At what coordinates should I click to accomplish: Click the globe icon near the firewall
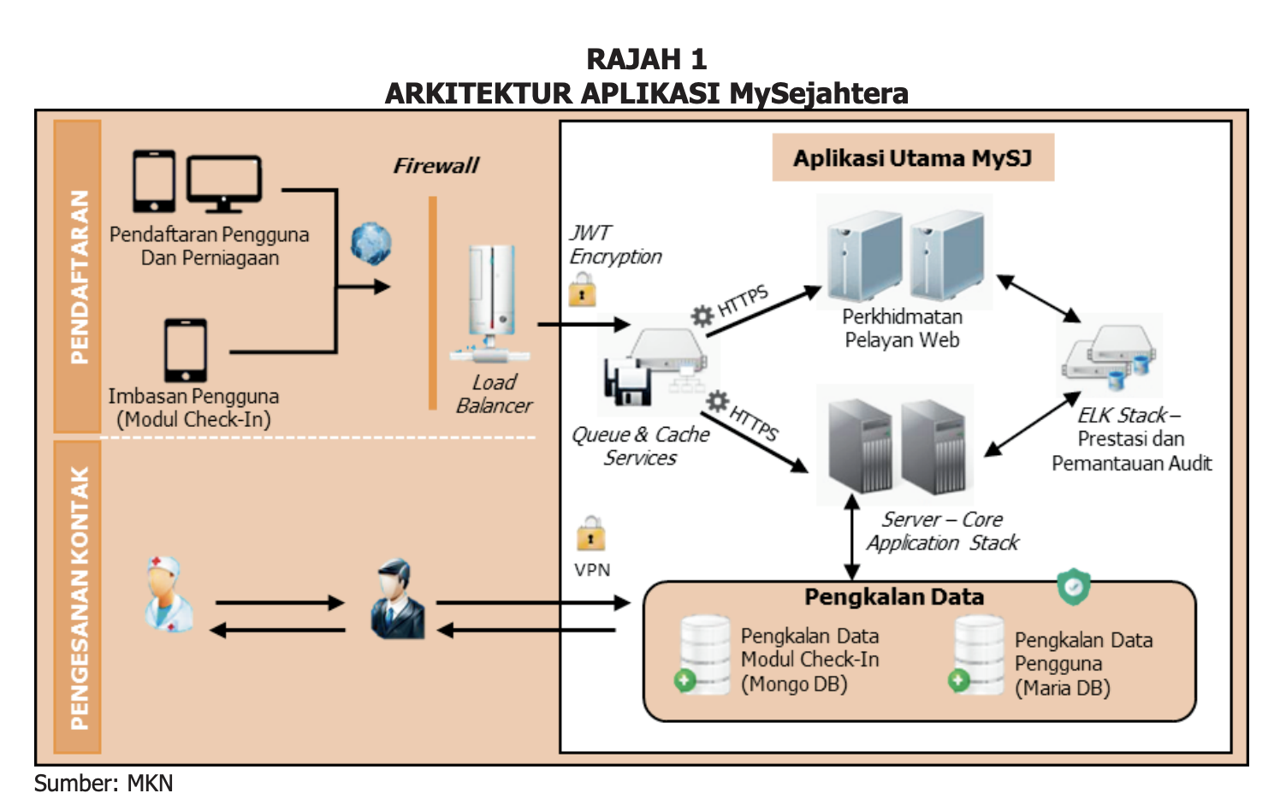tap(370, 243)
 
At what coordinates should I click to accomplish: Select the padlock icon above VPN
tap(590, 534)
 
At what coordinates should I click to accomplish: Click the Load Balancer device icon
tap(491, 301)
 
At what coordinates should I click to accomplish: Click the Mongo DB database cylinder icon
tap(704, 654)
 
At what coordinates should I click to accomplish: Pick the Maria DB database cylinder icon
tap(978, 655)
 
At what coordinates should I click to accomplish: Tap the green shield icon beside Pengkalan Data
tap(1073, 586)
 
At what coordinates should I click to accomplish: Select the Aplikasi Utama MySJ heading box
tap(912, 158)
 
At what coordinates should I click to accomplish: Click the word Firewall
tap(436, 166)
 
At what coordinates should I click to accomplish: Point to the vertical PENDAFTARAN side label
tap(78, 275)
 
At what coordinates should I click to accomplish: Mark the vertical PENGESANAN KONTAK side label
tap(78, 597)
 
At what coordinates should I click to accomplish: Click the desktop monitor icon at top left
tap(224, 182)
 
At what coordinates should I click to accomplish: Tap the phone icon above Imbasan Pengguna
tap(186, 350)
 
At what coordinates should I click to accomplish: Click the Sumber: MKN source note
tap(104, 783)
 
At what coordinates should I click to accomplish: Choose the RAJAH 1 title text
tap(646, 59)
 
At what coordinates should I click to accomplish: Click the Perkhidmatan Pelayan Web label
tap(902, 329)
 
